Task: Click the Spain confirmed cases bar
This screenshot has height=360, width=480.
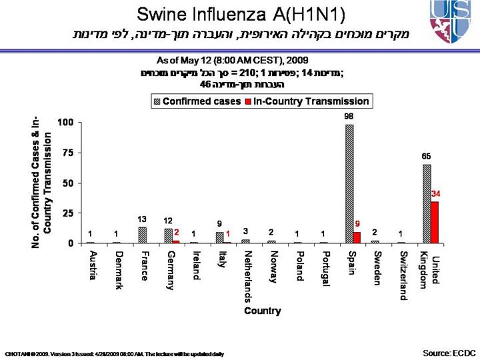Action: click(349, 183)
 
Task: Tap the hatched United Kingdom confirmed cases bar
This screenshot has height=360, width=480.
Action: click(427, 203)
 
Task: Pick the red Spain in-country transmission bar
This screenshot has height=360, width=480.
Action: click(357, 237)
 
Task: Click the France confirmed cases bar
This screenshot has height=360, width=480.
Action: click(142, 235)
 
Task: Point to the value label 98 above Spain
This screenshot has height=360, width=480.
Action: click(349, 117)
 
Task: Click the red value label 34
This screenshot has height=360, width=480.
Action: click(437, 193)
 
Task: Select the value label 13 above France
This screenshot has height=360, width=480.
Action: click(142, 219)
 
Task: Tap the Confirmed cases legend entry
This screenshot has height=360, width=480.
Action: click(198, 101)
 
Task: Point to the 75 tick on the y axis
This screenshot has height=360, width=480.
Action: click(66, 152)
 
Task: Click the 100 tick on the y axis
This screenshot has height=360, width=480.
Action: click(65, 123)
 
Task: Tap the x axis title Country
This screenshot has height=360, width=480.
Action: click(262, 311)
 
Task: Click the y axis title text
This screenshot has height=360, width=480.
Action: click(41, 183)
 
